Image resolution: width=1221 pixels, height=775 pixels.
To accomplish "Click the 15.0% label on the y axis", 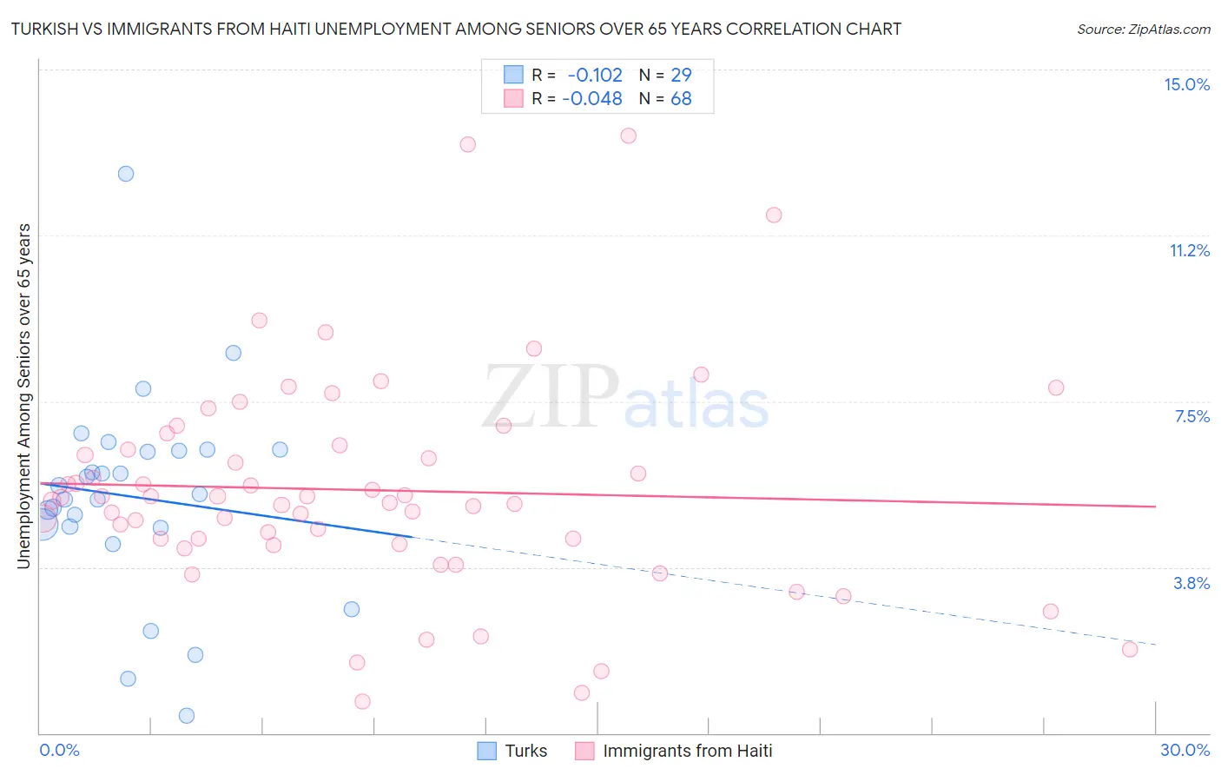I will [x=1186, y=84].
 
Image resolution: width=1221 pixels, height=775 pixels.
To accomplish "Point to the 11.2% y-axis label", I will [x=1189, y=250].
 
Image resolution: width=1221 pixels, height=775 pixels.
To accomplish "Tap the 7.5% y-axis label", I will [x=1191, y=416].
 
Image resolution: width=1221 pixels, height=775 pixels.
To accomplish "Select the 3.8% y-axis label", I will [x=1191, y=583].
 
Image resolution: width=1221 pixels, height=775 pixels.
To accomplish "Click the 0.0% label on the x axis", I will [x=59, y=750].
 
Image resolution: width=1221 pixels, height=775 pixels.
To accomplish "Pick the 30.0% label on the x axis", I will [x=1185, y=750].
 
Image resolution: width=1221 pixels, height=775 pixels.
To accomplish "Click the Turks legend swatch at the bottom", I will [x=487, y=751].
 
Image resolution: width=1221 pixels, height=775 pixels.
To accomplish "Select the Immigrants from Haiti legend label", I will [x=687, y=751].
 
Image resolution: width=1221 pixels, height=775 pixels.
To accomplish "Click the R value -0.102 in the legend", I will [x=595, y=75].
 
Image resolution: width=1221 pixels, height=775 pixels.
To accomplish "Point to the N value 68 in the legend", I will [x=681, y=99].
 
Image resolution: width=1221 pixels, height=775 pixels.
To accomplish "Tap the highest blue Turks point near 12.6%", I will [x=126, y=174].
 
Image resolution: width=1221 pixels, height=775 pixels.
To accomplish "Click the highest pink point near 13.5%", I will [x=629, y=136].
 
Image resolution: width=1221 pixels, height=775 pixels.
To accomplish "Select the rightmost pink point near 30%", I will [x=1130, y=649].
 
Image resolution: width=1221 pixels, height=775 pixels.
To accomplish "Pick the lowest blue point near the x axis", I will [x=187, y=716].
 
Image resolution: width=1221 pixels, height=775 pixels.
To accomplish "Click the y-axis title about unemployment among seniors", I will [x=23, y=396].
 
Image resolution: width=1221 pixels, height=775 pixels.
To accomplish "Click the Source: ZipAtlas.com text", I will [x=1143, y=29].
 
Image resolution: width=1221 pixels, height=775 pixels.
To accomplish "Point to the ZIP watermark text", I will [x=551, y=397].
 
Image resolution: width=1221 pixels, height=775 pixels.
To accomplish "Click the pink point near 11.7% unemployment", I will [x=774, y=215].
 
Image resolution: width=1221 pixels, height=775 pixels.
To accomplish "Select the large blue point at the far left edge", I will [x=42, y=523].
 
